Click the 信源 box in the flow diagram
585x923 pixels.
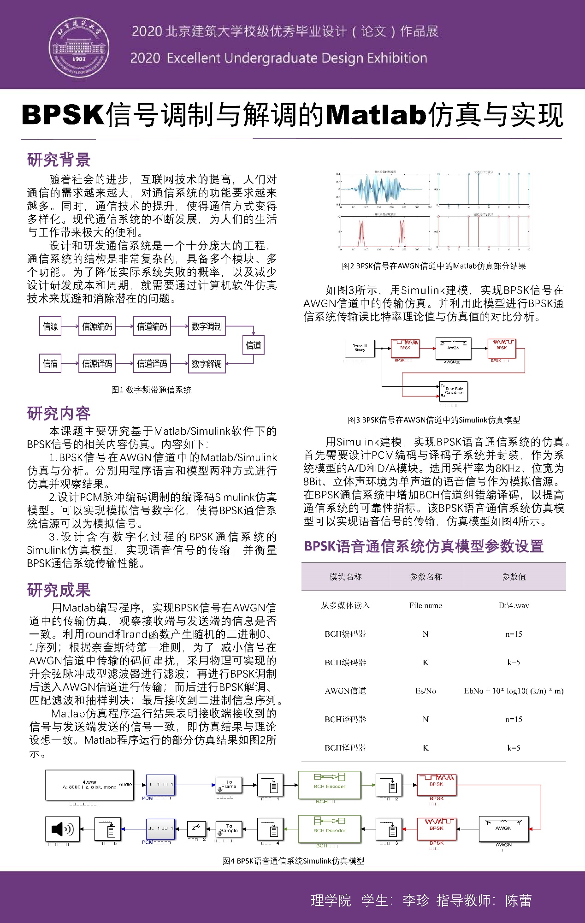tap(50, 326)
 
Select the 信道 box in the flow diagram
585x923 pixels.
tap(253, 345)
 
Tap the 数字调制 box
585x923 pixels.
tap(207, 326)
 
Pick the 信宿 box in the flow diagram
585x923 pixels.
tap(50, 364)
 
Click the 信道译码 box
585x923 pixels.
tap(152, 364)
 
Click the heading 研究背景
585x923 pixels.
tap(59, 160)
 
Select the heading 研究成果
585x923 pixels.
tap(59, 590)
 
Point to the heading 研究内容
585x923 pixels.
tap(59, 414)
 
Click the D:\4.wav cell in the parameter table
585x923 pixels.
tap(514, 605)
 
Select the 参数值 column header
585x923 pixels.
tap(514, 577)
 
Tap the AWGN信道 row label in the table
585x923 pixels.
tap(345, 691)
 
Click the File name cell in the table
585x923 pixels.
tap(425, 605)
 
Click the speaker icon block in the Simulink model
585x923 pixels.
tap(63, 829)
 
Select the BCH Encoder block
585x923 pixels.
tap(329, 785)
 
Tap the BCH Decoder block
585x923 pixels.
tap(329, 828)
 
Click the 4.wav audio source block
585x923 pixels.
tap(89, 785)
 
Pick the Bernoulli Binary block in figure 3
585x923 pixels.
tap(360, 349)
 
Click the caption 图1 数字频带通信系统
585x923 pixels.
tap(151, 390)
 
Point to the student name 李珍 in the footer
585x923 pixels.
tap(415, 900)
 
